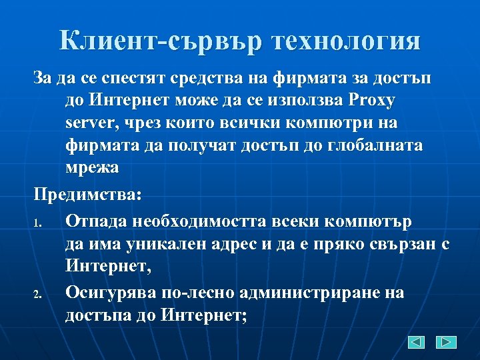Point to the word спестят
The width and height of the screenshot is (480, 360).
tap(143, 79)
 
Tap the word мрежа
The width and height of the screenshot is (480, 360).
tap(92, 167)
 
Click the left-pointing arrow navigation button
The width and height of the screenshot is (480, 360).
tap(417, 342)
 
